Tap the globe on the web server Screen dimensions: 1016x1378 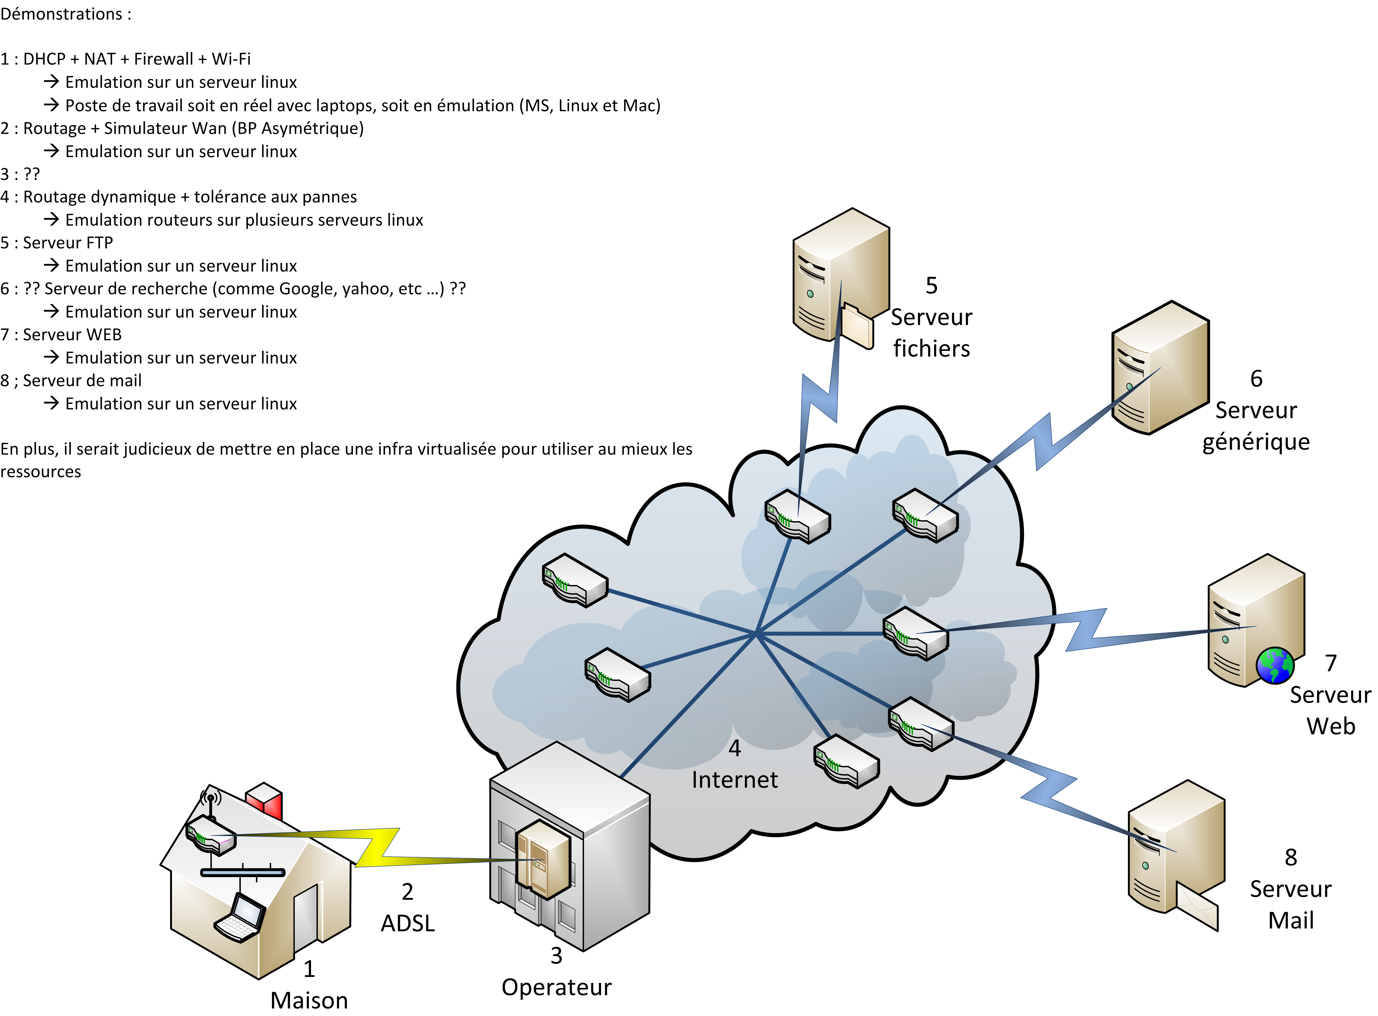point(1275,665)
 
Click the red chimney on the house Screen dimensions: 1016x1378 point(265,799)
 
